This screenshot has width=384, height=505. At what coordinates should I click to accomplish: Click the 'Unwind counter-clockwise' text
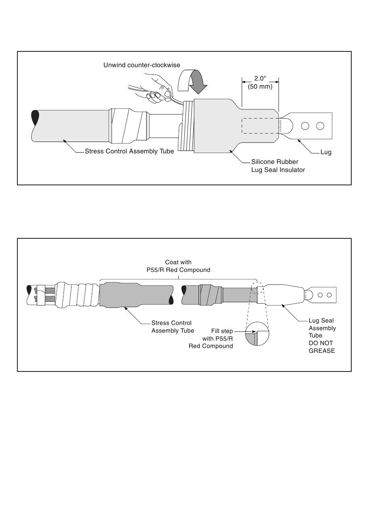pos(141,65)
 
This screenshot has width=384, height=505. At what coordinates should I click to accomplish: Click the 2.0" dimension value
pos(260,79)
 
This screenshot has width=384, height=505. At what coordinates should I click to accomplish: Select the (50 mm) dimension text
pos(260,86)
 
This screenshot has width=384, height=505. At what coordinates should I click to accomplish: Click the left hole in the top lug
pos(305,126)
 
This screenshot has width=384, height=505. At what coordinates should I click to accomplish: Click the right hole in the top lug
pos(320,126)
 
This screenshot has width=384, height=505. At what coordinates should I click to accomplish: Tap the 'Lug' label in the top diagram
pos(326,152)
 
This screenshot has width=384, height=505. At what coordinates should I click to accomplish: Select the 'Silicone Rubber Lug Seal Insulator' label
pos(278,166)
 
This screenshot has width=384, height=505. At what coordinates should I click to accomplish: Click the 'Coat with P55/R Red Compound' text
pos(178,266)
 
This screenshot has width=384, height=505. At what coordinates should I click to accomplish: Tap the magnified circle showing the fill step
pos(257,333)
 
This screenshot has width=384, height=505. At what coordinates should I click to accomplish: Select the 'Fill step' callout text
pos(222,331)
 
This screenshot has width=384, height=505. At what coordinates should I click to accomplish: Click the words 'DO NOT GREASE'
pos(322,347)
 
